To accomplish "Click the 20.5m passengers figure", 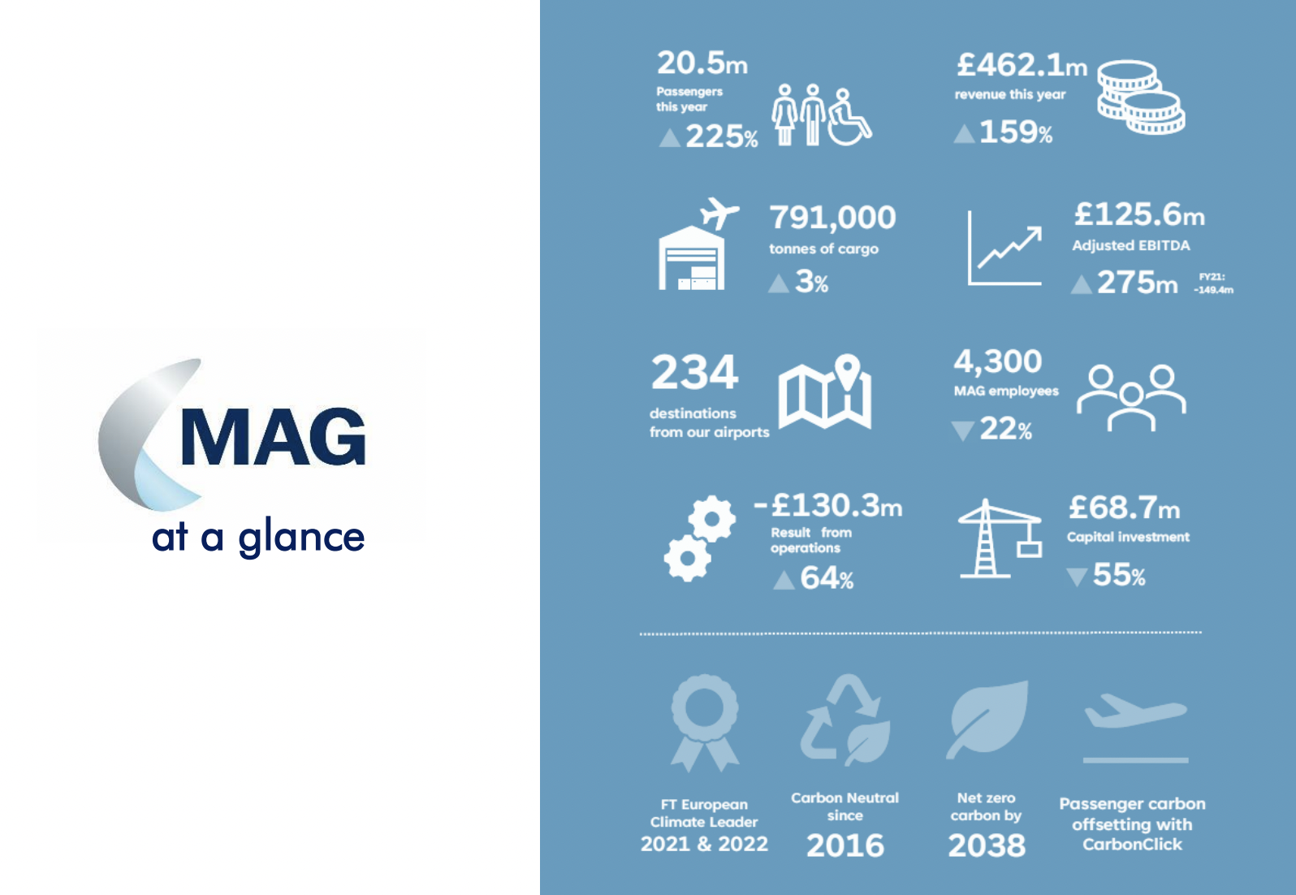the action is point(702,63).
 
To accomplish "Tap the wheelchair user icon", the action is point(849,118).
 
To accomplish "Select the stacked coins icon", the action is point(1141,97).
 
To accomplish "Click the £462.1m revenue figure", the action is point(1022,65).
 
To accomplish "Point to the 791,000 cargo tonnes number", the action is point(832,218).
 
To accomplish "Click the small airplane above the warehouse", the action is point(719,213).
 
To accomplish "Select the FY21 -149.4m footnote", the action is point(1213,283).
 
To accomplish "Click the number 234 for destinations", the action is point(694,372).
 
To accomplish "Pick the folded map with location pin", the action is point(824,391).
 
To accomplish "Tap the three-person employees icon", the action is point(1131,397).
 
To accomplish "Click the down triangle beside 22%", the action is point(963,430).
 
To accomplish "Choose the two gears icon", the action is point(699,538).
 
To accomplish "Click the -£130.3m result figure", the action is point(828,506).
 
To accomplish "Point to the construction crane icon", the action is point(1000,538).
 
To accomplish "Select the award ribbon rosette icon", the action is point(705,723).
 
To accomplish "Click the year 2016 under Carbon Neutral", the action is point(845,845).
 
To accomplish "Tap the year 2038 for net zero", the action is point(987,845).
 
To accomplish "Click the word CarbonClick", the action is point(1132,845).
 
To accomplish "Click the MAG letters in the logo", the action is point(273,437).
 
